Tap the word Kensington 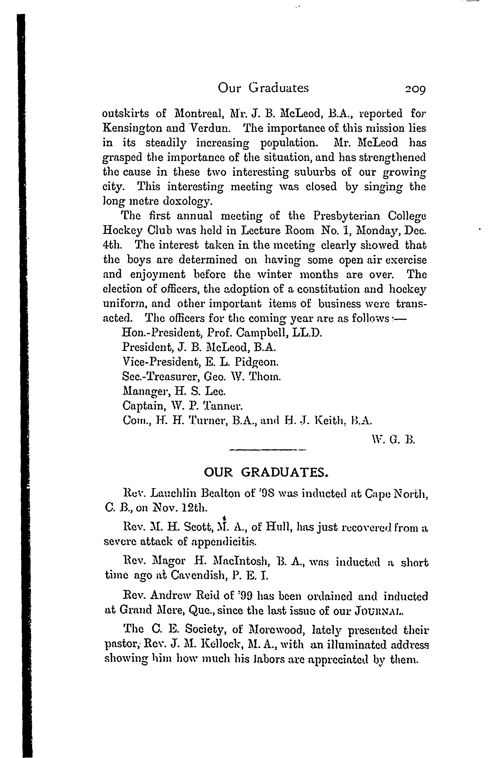135,129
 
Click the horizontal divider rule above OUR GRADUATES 268,451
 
